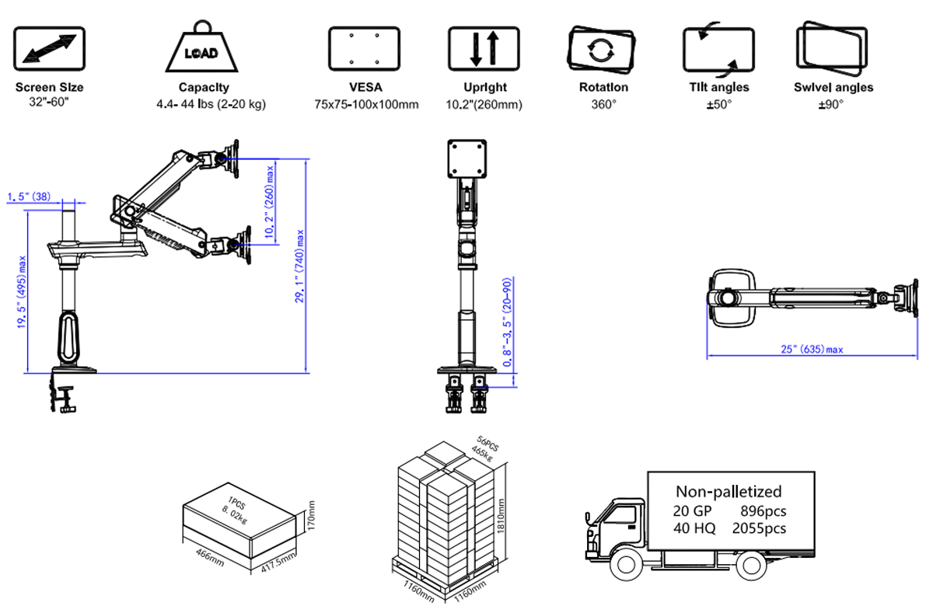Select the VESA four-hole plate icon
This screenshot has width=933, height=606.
point(364,48)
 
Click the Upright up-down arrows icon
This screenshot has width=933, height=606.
point(484,48)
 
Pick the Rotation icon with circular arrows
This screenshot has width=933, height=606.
point(603,50)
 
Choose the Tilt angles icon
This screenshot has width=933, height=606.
point(718,50)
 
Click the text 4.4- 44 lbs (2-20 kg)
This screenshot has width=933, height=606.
point(211,104)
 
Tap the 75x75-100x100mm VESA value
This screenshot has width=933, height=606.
point(366,104)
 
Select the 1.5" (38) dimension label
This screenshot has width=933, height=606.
point(30,197)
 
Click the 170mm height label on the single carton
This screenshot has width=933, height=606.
point(309,515)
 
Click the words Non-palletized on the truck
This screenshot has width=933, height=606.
point(729,491)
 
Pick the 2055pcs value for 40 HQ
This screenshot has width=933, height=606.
point(759,528)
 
